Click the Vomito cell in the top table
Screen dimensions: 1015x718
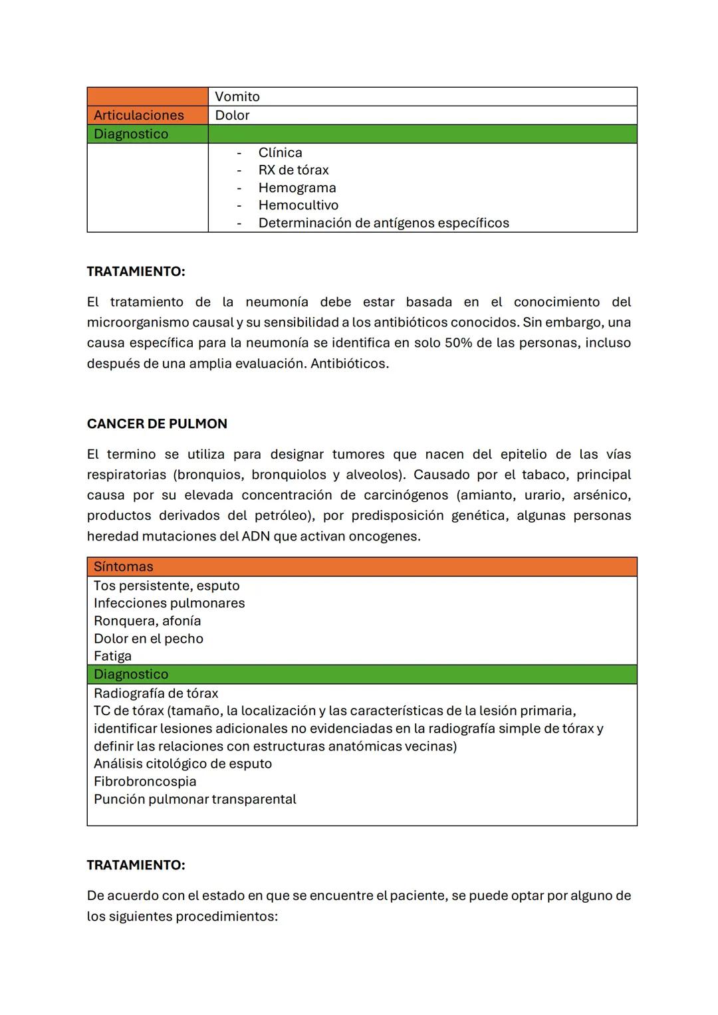(x=237, y=96)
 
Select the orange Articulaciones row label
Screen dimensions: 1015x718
(x=138, y=115)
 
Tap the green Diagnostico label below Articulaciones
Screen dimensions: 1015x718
(x=131, y=134)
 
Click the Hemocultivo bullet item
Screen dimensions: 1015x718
(x=298, y=205)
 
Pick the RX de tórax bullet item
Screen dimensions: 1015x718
(x=293, y=170)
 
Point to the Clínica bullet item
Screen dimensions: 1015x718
(x=280, y=152)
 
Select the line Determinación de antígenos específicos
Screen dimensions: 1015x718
(x=384, y=223)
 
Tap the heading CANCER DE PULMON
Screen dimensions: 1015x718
(x=157, y=423)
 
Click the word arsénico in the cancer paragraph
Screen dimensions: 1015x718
(x=602, y=495)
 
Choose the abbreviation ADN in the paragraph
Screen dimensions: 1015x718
(x=255, y=536)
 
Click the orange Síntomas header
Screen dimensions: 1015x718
(x=123, y=566)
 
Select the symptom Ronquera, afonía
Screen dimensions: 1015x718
(x=147, y=621)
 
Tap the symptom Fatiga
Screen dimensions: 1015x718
(x=112, y=656)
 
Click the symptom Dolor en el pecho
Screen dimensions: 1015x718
(x=148, y=639)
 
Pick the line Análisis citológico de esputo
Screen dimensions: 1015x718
(x=183, y=764)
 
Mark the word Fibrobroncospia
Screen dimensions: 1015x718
(x=145, y=782)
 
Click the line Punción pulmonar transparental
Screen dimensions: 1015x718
(x=195, y=799)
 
